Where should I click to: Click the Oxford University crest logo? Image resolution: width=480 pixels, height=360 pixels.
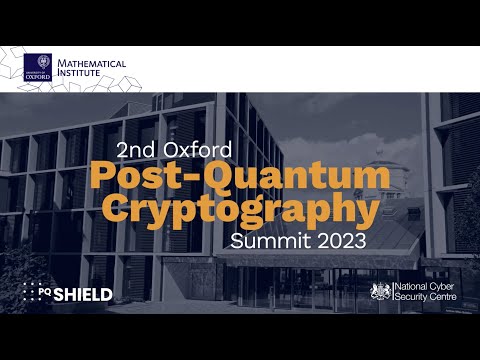(38, 66)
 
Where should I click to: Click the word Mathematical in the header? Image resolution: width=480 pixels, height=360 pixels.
(92, 63)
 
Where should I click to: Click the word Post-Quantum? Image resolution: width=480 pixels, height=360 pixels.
(240, 177)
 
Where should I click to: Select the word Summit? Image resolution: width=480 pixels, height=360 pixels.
(267, 241)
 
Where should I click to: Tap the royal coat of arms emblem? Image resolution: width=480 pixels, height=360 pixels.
(380, 291)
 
